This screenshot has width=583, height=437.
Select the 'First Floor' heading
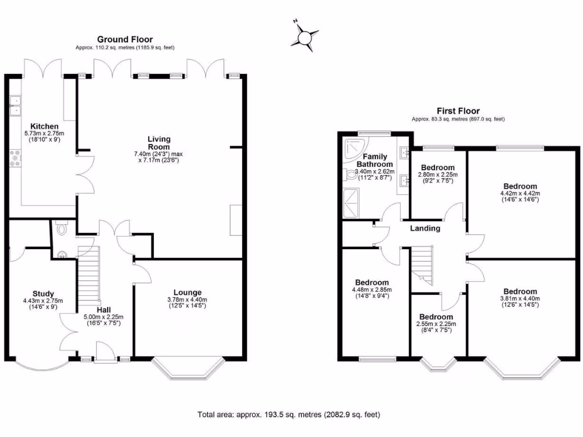point(458,111)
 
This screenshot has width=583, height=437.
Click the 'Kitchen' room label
point(44,126)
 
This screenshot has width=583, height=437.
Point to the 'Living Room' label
point(159,143)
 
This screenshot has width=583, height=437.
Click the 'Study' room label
point(43,294)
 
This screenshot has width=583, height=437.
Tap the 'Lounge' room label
point(187,292)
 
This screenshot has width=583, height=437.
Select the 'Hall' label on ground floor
point(104,310)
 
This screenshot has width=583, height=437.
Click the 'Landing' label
point(425,228)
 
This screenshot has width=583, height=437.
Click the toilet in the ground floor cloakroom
point(61,229)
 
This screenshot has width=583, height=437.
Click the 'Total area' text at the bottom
point(289,414)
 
